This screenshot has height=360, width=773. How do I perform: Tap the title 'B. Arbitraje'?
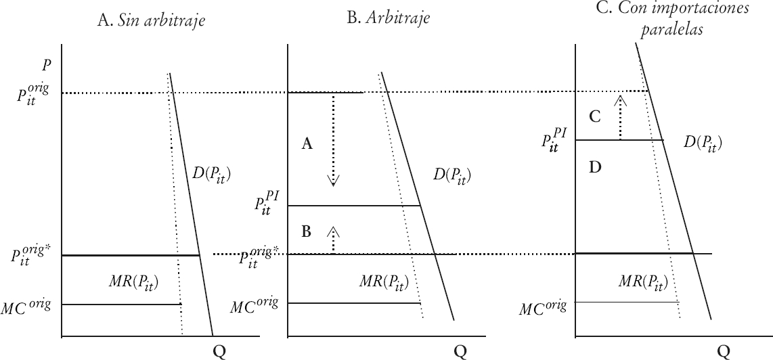point(388,18)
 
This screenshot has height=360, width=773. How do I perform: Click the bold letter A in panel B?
point(307,143)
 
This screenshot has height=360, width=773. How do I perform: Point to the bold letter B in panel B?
point(306,232)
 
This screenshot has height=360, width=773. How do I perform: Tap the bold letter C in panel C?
point(595,117)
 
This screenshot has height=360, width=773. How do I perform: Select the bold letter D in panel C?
point(595,166)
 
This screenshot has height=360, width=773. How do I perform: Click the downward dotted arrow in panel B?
point(332,139)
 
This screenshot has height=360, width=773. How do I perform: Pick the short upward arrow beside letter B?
point(332,240)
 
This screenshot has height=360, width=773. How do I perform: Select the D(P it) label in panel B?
point(451,176)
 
